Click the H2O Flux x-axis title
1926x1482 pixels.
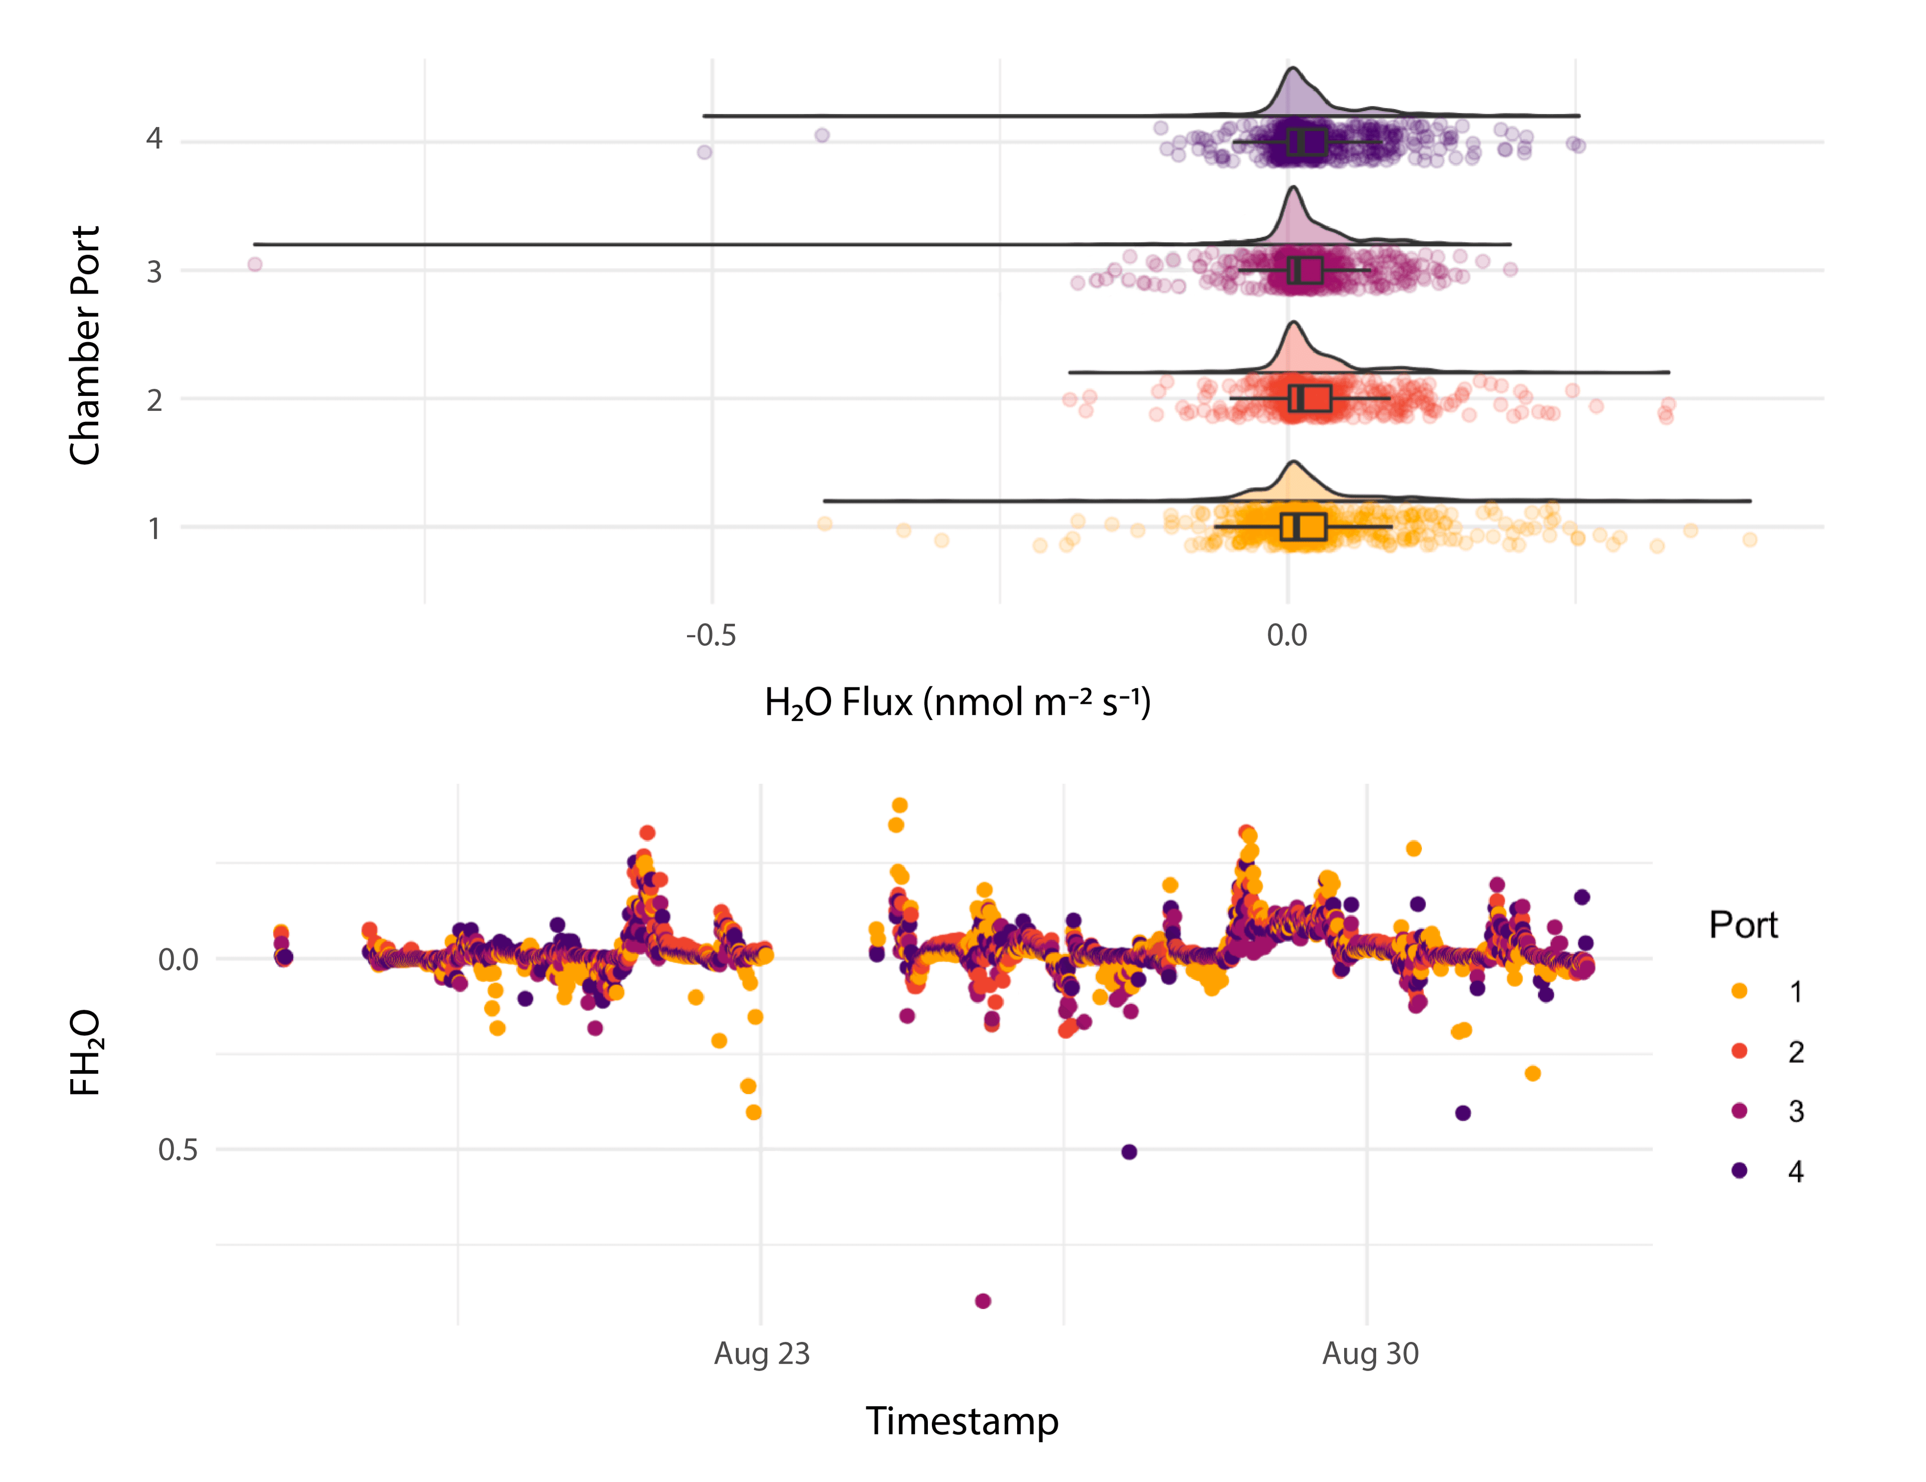coord(957,703)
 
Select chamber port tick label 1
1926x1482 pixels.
coord(154,528)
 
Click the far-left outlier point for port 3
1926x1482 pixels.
coord(255,265)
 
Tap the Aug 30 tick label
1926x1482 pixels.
coord(1370,1353)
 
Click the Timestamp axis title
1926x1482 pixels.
coord(961,1421)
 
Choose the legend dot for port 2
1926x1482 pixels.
coord(1739,1051)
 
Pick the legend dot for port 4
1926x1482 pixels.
coord(1739,1170)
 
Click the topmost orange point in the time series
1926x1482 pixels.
coord(899,805)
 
